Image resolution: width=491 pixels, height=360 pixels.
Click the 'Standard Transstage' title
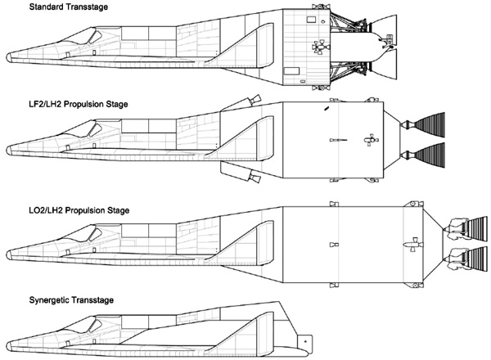point(68,7)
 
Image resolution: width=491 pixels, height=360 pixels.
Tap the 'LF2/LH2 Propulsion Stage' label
point(79,104)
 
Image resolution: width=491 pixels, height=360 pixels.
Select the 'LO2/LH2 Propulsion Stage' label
point(79,210)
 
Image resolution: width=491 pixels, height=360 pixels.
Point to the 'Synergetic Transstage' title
point(71,300)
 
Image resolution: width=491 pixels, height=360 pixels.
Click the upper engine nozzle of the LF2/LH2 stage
point(430,124)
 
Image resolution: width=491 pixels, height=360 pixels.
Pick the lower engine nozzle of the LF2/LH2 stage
point(430,155)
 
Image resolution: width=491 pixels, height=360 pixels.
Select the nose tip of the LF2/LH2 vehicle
point(7,150)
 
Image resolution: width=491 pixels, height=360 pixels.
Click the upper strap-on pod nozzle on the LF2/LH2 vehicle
point(255,100)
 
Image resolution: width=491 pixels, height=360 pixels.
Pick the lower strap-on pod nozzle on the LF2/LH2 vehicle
point(255,178)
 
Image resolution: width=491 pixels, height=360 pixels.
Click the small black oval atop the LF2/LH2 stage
point(327,109)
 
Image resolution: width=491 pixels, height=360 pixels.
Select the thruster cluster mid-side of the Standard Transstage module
point(320,47)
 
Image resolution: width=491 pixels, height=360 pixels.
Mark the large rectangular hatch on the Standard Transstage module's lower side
point(291,71)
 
